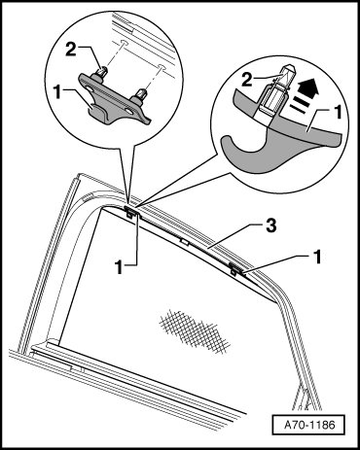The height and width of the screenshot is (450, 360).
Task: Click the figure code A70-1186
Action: (309, 424)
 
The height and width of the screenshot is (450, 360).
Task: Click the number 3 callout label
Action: (270, 225)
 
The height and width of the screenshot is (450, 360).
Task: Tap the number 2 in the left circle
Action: (72, 50)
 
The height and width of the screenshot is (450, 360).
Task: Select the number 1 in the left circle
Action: (58, 93)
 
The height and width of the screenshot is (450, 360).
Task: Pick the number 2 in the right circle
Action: (246, 80)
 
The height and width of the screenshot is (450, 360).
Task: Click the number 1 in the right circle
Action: (338, 113)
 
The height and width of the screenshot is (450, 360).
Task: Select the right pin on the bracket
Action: (141, 96)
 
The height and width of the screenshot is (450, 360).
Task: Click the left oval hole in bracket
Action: (90, 89)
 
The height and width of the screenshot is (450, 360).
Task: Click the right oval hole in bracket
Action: (128, 111)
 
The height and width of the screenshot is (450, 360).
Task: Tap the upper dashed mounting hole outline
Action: (124, 43)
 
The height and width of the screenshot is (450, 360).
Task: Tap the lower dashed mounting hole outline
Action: (162, 68)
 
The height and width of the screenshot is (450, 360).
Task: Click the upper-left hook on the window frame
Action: (131, 212)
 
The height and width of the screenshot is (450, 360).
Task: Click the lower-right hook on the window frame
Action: (235, 269)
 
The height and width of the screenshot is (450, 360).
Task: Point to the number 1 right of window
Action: (317, 257)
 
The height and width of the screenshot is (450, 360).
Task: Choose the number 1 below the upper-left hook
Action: (120, 267)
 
